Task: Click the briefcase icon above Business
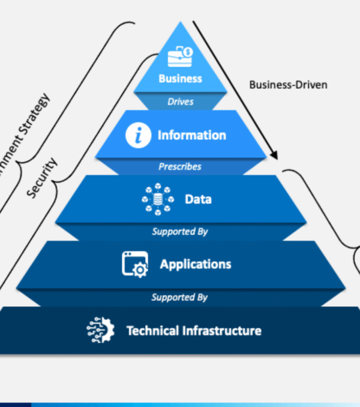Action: tap(179, 57)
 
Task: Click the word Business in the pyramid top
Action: tap(180, 78)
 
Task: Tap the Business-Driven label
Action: tap(288, 85)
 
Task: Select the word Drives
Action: tap(181, 101)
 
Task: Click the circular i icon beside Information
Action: tap(137, 136)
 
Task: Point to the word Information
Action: tap(191, 136)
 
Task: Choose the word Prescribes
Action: tap(180, 166)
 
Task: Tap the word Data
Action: tap(198, 199)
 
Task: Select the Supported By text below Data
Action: tap(180, 231)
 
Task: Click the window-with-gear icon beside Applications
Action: tap(135, 264)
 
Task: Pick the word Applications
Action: tap(195, 264)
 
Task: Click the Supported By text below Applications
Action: tap(179, 297)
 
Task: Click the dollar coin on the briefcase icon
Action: tap(188, 52)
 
